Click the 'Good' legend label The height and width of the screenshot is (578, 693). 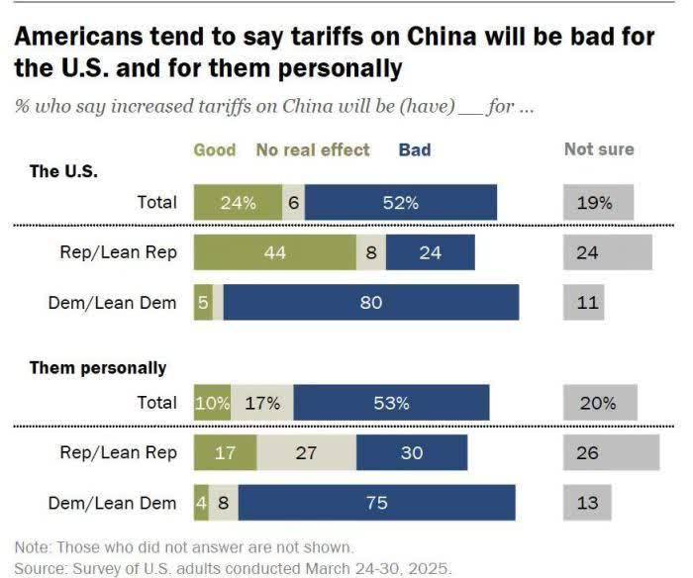(215, 150)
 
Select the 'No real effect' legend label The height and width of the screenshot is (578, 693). (313, 150)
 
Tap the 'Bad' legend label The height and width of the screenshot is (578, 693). (415, 150)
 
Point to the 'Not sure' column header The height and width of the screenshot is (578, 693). (599, 150)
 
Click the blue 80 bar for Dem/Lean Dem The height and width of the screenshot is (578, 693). (371, 303)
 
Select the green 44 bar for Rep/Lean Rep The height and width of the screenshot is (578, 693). (275, 252)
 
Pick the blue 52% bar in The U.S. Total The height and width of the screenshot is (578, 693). (401, 203)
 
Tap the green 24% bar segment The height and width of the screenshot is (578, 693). (238, 203)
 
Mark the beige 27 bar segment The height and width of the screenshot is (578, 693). (306, 453)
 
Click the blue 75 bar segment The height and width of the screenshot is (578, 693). (376, 503)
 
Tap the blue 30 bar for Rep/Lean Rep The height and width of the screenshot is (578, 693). (411, 453)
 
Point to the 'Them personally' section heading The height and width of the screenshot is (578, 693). (98, 368)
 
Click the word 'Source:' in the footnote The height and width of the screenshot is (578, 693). (42, 568)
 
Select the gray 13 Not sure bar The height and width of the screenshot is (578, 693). (588, 503)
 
